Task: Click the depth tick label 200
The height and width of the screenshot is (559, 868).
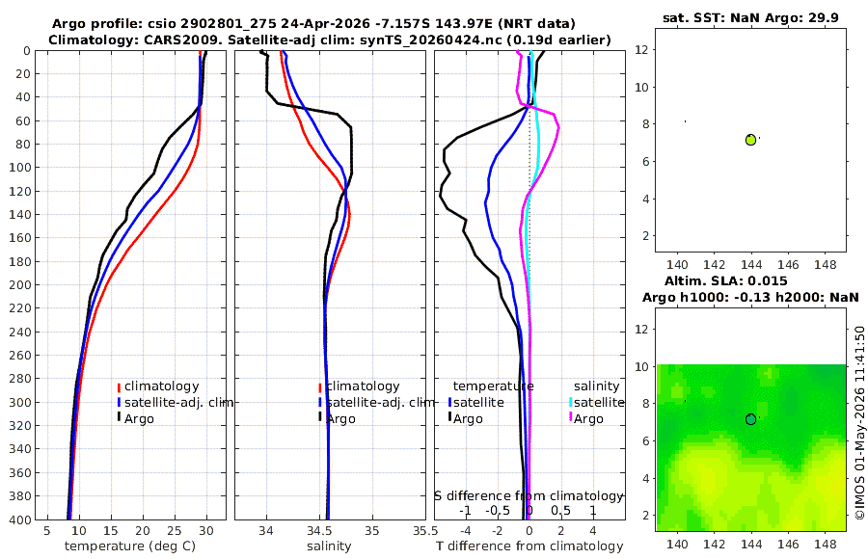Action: point(20,284)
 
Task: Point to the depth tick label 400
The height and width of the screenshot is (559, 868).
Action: point(20,519)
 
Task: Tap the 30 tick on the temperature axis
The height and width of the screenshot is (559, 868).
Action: point(206,530)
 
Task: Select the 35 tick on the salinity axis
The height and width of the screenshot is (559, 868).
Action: point(372,530)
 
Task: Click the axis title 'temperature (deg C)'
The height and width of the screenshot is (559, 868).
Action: point(130,546)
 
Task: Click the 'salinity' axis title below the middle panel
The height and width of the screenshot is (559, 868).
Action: point(329,546)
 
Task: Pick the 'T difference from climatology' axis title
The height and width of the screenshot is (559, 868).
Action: point(529,546)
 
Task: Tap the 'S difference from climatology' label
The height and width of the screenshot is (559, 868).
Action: point(529,495)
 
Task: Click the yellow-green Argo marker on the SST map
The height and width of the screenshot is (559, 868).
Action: point(750,140)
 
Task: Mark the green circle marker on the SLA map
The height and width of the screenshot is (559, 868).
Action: point(750,419)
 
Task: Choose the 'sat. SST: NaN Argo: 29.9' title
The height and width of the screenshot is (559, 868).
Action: point(750,17)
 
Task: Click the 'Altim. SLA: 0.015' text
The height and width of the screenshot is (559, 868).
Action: point(725,280)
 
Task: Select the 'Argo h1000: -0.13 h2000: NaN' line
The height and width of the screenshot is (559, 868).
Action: point(750,297)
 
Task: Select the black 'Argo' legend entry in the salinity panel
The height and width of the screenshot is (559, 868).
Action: point(337,418)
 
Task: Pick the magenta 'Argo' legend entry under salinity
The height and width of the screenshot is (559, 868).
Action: point(584,418)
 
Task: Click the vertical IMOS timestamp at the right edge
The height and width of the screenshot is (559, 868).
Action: point(859,422)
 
